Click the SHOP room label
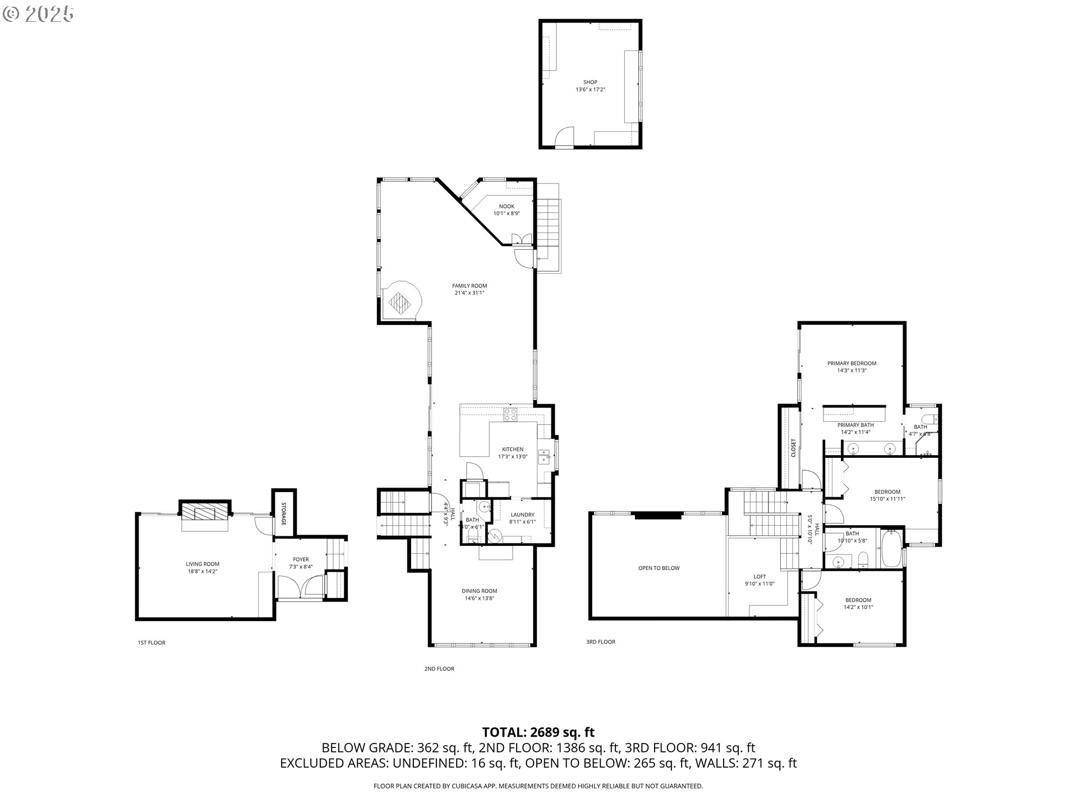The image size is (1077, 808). pyautogui.click(x=590, y=82)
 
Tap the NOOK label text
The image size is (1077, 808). pyautogui.click(x=507, y=206)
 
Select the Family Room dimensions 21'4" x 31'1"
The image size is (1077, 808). pyautogui.click(x=470, y=293)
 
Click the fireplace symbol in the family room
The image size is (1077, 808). pyautogui.click(x=400, y=303)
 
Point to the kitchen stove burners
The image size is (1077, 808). pyautogui.click(x=510, y=415)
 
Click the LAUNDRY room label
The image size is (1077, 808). pyautogui.click(x=522, y=515)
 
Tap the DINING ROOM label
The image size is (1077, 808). pyautogui.click(x=479, y=591)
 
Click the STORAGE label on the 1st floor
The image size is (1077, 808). pyautogui.click(x=284, y=513)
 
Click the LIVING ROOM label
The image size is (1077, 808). pyautogui.click(x=202, y=564)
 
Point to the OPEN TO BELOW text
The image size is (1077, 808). pyautogui.click(x=659, y=568)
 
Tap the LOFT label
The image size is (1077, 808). pyautogui.click(x=760, y=576)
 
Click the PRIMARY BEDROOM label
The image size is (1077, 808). pyautogui.click(x=852, y=363)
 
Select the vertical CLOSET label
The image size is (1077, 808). pyautogui.click(x=793, y=448)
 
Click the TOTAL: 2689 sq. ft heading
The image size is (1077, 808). pyautogui.click(x=538, y=732)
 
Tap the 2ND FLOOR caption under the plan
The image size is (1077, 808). pyautogui.click(x=439, y=669)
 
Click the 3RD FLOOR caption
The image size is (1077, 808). pyautogui.click(x=600, y=642)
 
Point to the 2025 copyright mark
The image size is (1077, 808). pyautogui.click(x=39, y=13)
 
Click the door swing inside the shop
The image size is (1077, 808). pyautogui.click(x=564, y=136)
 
